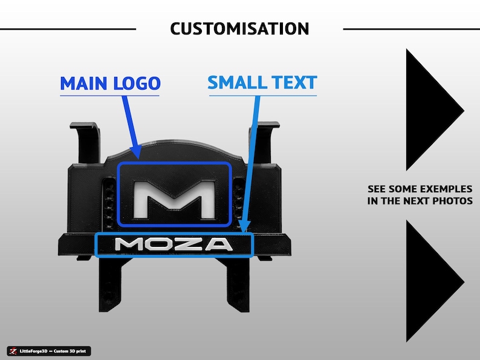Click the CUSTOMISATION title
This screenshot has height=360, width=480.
pos(239,29)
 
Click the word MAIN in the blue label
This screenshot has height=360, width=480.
pos(83,83)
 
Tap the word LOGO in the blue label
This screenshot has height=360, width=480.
pos(137,83)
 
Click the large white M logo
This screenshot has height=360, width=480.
pos(174,200)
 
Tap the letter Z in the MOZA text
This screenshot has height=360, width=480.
pos(192,244)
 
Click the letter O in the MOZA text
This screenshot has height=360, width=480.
pos(163,244)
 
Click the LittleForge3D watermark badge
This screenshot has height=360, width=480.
pos(49,351)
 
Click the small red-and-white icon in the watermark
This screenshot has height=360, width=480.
pos(13,351)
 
